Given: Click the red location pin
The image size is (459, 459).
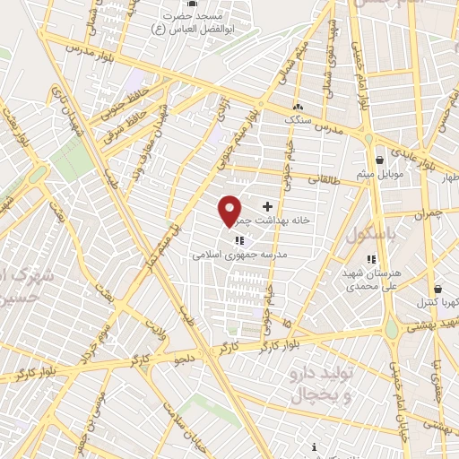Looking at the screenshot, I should pyautogui.click(x=230, y=210).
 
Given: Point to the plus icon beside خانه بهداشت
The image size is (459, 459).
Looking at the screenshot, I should pyautogui.click(x=267, y=207).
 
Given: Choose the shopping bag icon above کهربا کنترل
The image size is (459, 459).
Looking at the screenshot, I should pyautogui.click(x=437, y=289).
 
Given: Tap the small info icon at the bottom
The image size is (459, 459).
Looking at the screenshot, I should pyautogui.click(x=314, y=447).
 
